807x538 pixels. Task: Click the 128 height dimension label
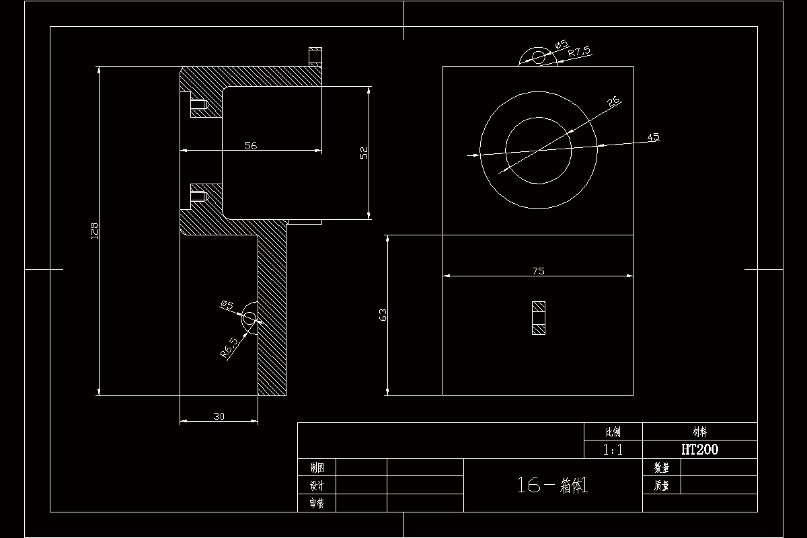[x=95, y=231]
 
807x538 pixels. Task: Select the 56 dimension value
[x=251, y=145]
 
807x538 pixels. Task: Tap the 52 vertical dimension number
[x=364, y=153]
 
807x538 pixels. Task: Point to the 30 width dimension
[x=219, y=416]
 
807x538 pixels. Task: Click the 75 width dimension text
[x=538, y=271]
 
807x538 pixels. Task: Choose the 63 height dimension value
[x=383, y=314]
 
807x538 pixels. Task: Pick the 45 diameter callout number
[x=653, y=137]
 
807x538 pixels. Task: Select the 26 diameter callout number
[x=613, y=102]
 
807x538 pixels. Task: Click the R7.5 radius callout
[x=579, y=52]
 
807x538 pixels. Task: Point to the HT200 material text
[x=699, y=450]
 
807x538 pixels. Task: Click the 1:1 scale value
[x=613, y=450]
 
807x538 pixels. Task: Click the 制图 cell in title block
[x=317, y=468]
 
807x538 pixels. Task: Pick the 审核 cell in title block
[x=317, y=503]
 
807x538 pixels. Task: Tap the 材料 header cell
[x=699, y=432]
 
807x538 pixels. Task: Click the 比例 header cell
[x=613, y=432]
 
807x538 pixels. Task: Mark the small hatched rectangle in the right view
[x=539, y=318]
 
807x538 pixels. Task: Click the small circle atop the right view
[x=539, y=56]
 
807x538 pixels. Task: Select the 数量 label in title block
[x=662, y=468]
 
